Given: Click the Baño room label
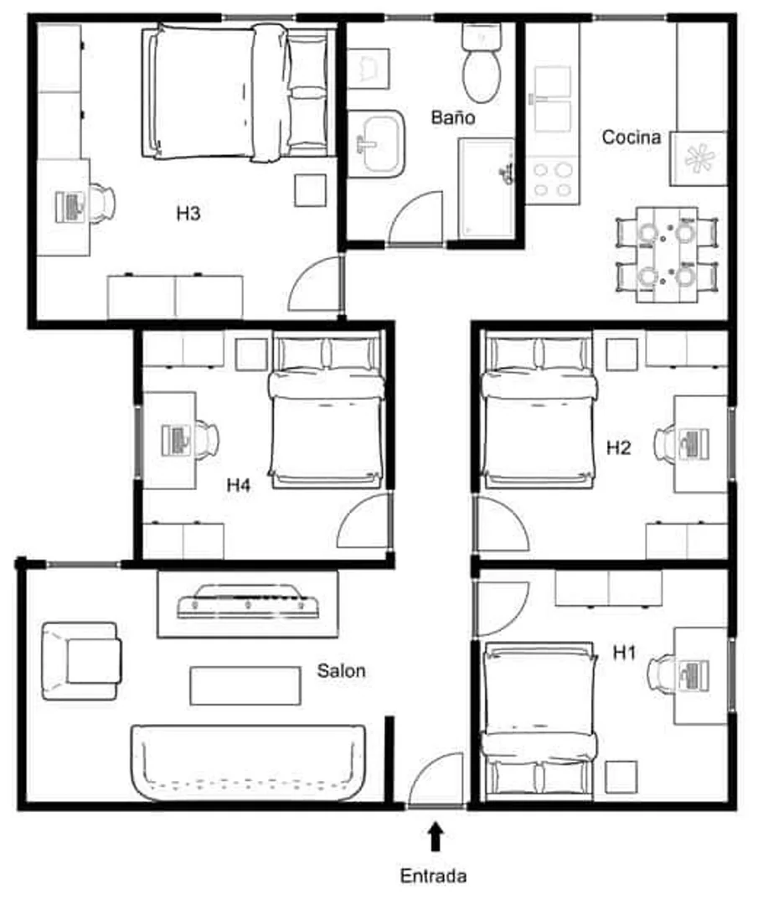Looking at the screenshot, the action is click(x=453, y=117).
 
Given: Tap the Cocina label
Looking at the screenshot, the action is click(x=631, y=137).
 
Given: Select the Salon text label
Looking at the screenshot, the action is click(x=341, y=670).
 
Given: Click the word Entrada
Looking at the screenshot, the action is click(x=433, y=876).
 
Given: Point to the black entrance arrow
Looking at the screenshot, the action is click(x=436, y=837).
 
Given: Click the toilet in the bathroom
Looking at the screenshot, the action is click(x=482, y=64).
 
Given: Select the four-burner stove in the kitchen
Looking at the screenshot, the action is click(x=553, y=179).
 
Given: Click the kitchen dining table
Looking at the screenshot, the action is click(x=668, y=255).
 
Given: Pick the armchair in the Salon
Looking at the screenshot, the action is click(x=81, y=661).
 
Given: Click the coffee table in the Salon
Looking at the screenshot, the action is click(x=245, y=685).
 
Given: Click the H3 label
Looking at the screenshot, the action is click(x=188, y=214).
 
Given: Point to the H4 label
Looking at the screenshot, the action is click(x=238, y=485).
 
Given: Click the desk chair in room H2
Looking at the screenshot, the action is click(x=665, y=443).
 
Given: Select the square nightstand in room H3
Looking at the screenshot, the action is click(x=310, y=190).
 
